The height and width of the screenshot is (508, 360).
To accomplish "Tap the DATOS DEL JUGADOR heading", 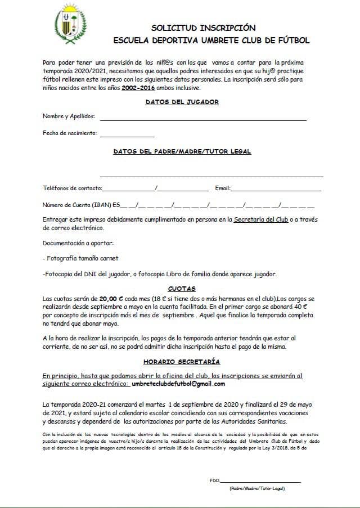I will [x=182, y=102].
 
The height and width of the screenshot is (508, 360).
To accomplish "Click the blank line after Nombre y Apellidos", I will [x=203, y=119].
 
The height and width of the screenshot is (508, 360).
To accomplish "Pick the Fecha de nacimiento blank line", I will [x=127, y=136].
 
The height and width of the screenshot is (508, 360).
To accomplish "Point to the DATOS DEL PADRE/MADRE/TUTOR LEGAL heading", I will [x=182, y=151].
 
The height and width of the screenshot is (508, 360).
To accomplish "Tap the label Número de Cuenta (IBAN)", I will [x=77, y=205].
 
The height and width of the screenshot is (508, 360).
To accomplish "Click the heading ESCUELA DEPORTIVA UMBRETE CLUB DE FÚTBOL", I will [x=211, y=41].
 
